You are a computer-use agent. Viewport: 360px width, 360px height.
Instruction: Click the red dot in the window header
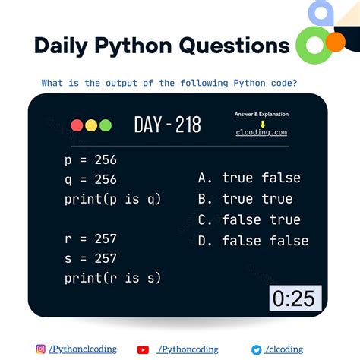76,125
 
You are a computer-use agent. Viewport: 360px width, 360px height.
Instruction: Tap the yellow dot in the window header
90,125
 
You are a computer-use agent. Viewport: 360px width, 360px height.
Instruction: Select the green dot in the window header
105,125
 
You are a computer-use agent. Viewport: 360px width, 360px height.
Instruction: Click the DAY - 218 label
167,125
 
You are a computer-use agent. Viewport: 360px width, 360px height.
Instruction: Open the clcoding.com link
261,132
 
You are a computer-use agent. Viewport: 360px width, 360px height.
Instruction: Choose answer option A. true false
249,178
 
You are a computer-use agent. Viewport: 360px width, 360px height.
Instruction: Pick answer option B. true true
245,199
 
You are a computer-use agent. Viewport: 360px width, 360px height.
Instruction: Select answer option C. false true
249,220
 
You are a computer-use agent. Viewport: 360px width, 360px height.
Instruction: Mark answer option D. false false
253,242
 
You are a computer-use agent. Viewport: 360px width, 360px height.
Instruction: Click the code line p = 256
91,159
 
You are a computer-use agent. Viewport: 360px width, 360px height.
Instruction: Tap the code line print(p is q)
113,199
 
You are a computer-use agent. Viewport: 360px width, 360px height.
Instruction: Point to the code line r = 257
91,238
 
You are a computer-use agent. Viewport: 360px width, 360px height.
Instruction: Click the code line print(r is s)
113,278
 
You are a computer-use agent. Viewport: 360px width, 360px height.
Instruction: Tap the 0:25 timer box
294,298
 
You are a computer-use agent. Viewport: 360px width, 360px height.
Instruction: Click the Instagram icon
40,349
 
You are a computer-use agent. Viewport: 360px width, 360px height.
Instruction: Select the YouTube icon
143,349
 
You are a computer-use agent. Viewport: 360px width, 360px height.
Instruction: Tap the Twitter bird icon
256,349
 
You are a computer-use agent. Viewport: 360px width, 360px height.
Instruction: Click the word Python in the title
143,46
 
